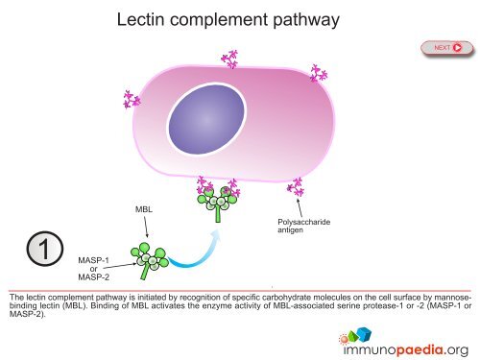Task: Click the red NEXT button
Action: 448,46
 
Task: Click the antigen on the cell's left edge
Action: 132,100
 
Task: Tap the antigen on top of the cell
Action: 229,60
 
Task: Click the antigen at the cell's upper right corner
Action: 318,72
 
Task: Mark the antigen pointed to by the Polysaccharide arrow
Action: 294,185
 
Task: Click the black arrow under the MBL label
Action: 145,228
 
